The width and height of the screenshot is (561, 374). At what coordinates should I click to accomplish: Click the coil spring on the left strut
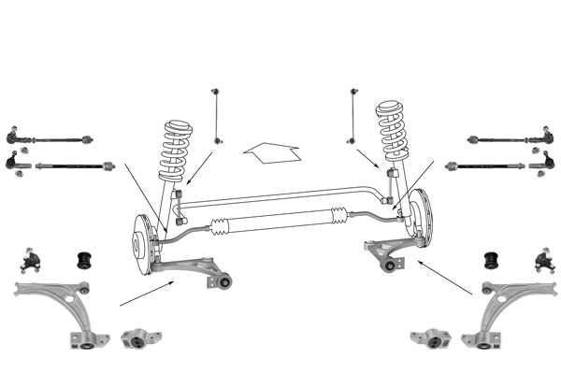click(x=175, y=150)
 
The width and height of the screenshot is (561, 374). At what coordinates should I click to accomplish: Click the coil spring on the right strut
click(x=395, y=131)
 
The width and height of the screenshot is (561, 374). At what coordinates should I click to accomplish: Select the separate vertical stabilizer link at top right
click(x=353, y=115)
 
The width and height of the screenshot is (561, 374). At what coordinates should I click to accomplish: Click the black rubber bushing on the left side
click(x=82, y=256)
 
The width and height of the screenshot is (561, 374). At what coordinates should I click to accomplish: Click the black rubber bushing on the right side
click(x=489, y=256)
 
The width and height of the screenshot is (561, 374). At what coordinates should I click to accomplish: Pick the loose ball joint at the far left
click(x=32, y=259)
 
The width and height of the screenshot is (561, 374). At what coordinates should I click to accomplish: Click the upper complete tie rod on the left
click(x=51, y=137)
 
